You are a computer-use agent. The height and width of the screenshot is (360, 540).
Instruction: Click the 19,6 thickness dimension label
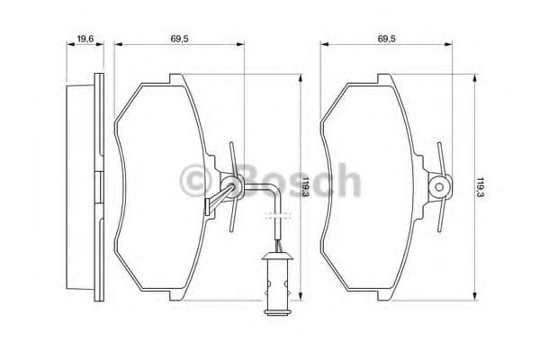pos(86,39)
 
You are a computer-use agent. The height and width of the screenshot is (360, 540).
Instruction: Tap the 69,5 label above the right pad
pos(388,39)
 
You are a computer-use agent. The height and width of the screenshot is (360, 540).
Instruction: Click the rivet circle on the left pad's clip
pos(233,187)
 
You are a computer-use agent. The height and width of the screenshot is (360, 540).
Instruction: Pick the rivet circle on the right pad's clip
pos(438,186)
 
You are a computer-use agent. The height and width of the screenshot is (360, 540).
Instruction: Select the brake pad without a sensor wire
pos(378,189)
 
